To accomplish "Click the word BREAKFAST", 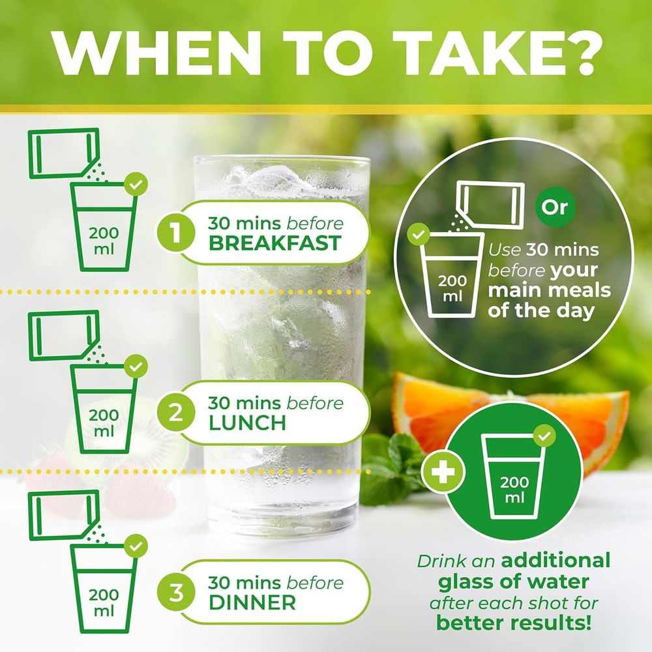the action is click(x=275, y=243).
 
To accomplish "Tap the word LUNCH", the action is click(x=247, y=423).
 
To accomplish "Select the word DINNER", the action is click(x=252, y=603).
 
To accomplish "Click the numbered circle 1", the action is click(x=175, y=232).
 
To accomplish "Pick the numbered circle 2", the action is click(x=175, y=412).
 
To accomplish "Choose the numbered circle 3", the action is click(x=175, y=592).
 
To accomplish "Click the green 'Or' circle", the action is click(x=555, y=207).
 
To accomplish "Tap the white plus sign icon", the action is click(x=443, y=473).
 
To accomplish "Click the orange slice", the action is click(x=511, y=420).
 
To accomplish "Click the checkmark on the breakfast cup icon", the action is click(x=136, y=184).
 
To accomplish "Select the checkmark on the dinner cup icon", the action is click(x=136, y=546).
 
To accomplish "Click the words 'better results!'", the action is click(x=514, y=623).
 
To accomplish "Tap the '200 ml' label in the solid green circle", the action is click(x=514, y=490).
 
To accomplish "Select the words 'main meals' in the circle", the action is click(x=549, y=290).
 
